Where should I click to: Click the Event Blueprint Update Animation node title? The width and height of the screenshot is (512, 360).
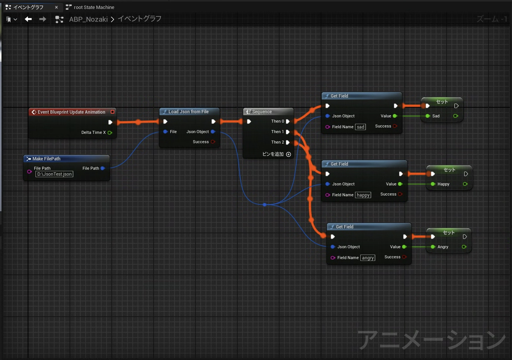pos(71,112)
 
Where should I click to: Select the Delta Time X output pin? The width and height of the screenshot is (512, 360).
pos(110,133)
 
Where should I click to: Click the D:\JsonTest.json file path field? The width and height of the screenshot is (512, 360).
pos(55,174)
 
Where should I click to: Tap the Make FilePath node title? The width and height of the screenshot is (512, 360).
pos(46,159)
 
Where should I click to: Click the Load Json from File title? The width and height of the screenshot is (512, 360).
pos(188,112)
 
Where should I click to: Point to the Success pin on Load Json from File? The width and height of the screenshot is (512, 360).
pos(213,142)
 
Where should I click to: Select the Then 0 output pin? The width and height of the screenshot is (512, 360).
pos(288,121)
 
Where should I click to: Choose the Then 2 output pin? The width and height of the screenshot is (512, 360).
pos(288,142)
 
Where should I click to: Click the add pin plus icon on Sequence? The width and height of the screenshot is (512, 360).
pos(289,154)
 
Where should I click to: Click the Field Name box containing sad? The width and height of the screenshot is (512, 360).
pos(360,127)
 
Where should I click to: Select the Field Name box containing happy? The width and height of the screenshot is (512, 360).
pos(363,195)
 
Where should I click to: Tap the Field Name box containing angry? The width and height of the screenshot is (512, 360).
pos(368,258)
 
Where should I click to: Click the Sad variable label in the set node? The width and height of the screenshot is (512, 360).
pos(436,116)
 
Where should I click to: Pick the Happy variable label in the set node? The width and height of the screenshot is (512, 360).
pos(443,184)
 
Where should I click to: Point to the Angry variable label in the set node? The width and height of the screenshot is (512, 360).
pos(443,247)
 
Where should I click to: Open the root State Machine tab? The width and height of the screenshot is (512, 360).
pos(94,7)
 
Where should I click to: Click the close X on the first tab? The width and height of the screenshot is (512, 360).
pos(56,7)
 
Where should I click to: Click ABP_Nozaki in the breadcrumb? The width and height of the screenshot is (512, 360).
pos(88,19)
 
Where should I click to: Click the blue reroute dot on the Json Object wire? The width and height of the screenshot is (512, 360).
pos(265,205)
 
